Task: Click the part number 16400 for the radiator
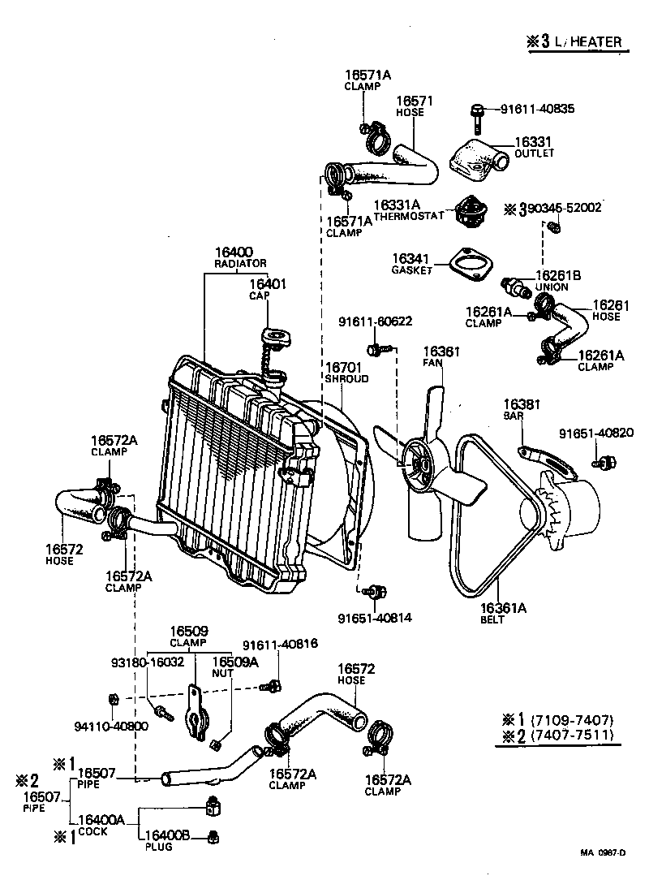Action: tap(234, 252)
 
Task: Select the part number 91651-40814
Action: tap(375, 617)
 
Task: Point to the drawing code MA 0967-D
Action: tap(602, 852)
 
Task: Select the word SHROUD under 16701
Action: tap(346, 378)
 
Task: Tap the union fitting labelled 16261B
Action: tap(512, 285)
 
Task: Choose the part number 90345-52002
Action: tap(564, 208)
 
